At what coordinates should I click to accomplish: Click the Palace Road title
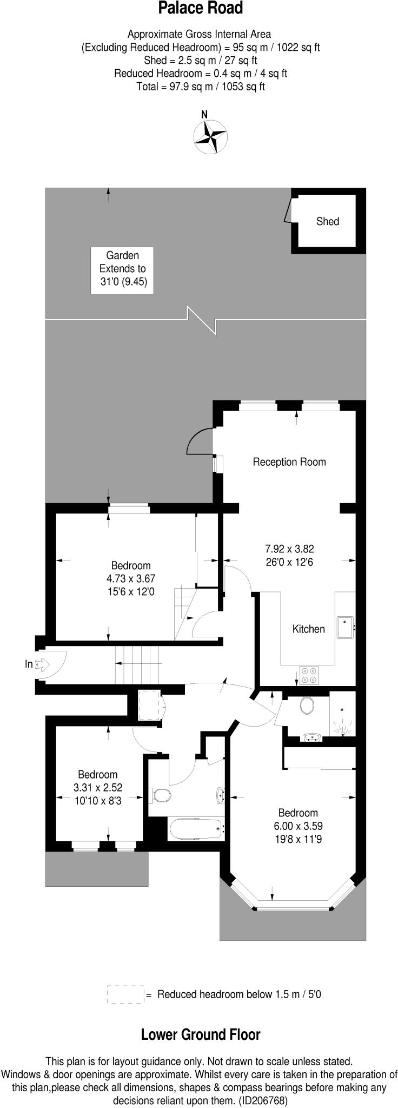[200, 9]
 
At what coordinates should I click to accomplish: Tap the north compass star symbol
[210, 136]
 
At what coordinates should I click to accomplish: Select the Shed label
[328, 221]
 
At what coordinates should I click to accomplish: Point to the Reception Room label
[289, 462]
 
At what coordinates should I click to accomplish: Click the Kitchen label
[308, 629]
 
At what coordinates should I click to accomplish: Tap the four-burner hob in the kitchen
[309, 674]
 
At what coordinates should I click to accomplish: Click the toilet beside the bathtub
[162, 795]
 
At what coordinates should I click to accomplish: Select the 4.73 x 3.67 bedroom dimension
[131, 579]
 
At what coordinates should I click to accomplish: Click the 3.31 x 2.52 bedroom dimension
[98, 787]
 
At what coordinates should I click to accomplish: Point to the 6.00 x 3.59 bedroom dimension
[297, 826]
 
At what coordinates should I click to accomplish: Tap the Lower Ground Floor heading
[201, 1035]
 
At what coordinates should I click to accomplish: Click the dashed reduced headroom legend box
[125, 994]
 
